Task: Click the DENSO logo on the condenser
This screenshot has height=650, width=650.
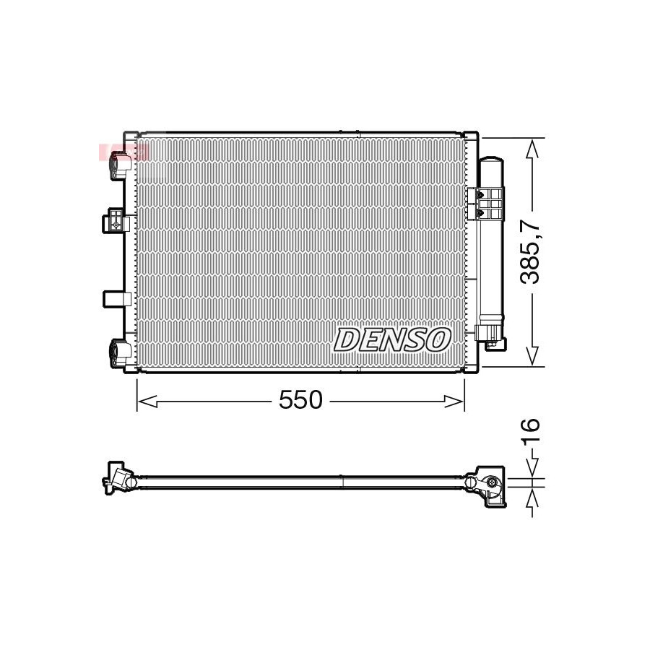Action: point(392,340)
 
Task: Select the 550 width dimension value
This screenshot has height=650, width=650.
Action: point(300,400)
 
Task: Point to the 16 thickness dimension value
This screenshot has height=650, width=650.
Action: point(531,432)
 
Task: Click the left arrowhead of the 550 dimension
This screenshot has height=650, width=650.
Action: point(147,402)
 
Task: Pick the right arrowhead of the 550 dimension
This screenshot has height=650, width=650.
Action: point(454,402)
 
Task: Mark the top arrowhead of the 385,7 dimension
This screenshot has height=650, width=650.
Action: point(532,148)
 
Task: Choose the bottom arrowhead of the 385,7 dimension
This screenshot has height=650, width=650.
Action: point(532,357)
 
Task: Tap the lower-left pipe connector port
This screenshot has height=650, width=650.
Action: point(121,352)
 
